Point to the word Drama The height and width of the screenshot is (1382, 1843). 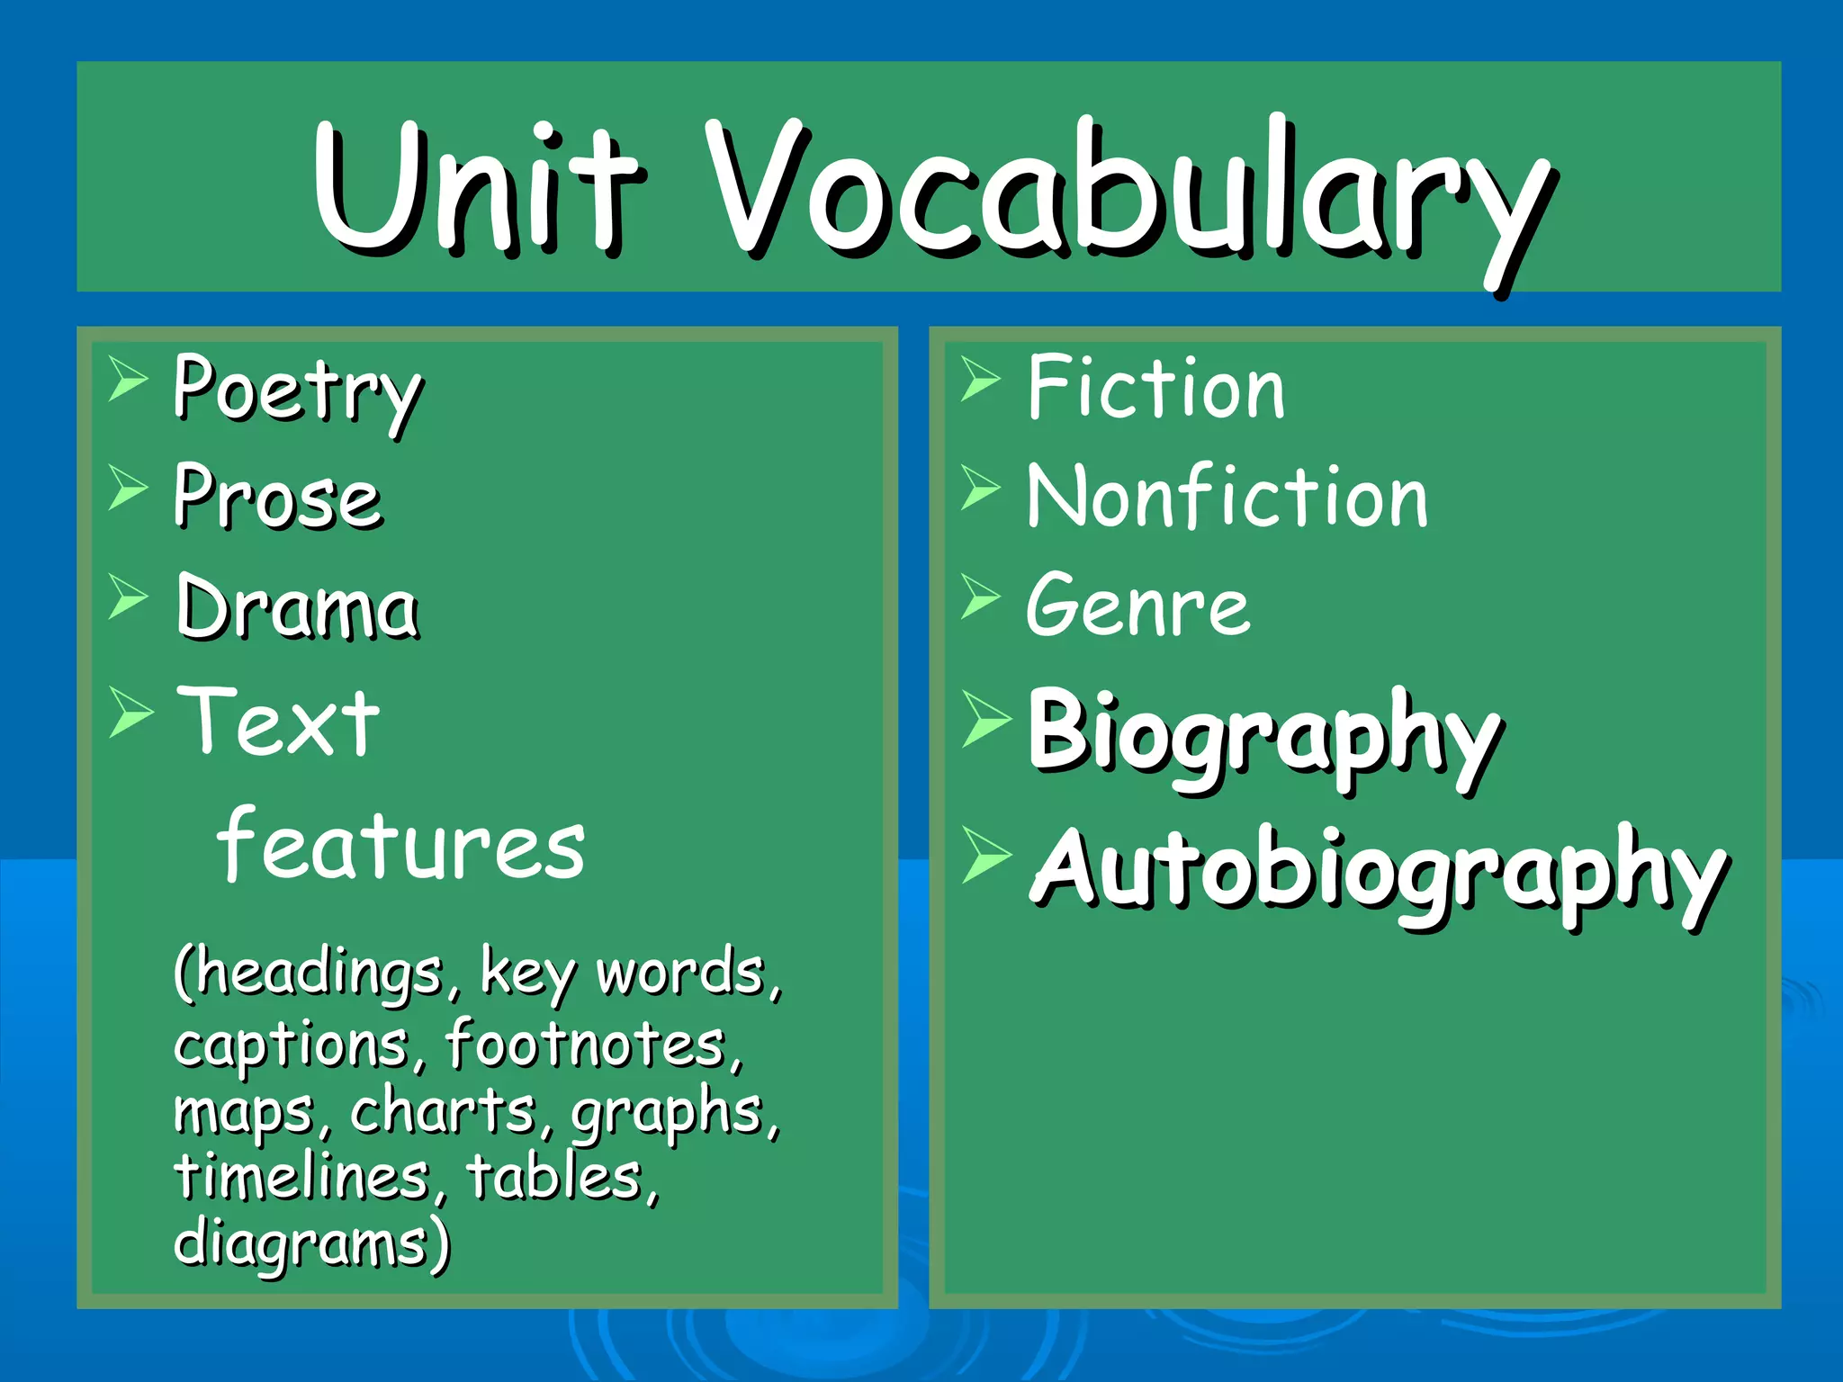(x=297, y=606)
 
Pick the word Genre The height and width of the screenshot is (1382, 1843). (x=1137, y=605)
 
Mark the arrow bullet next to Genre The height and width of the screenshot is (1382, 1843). (x=979, y=597)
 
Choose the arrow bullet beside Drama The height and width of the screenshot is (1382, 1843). (x=127, y=597)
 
